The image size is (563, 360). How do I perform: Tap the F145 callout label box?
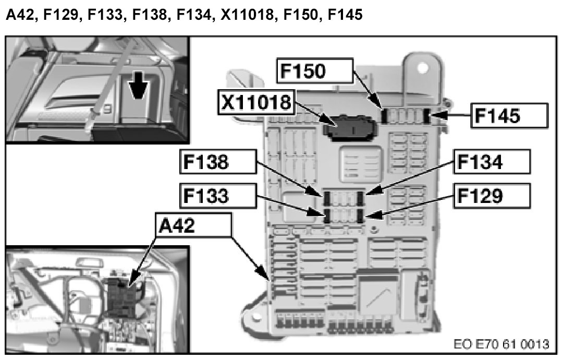point(509,115)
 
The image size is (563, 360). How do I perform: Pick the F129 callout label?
point(492,196)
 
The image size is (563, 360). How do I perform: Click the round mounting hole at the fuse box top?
point(424,68)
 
